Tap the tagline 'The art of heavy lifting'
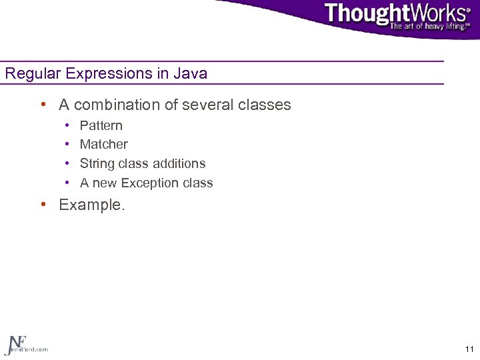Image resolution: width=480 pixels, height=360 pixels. click(x=429, y=27)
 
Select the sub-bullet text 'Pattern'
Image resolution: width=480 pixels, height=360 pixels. click(x=101, y=125)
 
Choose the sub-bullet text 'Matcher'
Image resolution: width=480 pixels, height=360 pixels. click(x=103, y=144)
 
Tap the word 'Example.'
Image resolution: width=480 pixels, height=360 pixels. click(x=91, y=205)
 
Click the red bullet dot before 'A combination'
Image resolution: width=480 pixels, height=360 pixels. click(x=43, y=105)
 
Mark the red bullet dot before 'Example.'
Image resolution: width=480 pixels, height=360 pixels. click(x=43, y=205)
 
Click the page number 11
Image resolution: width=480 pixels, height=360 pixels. click(x=469, y=349)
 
